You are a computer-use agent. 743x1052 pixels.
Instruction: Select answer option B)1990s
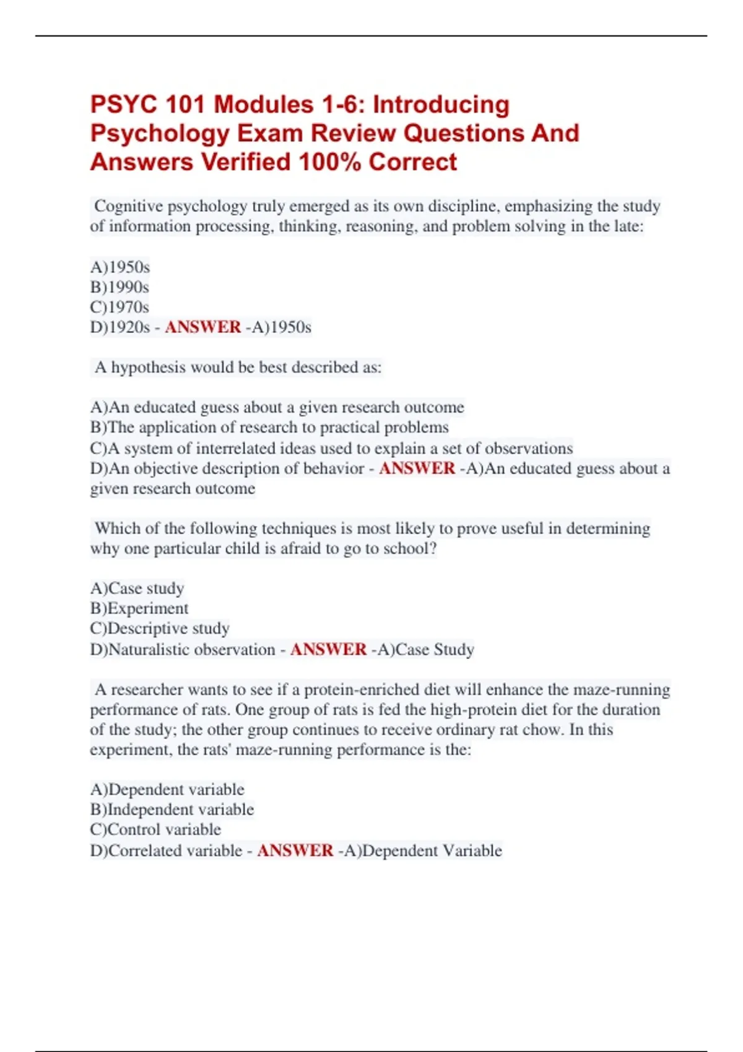(119, 287)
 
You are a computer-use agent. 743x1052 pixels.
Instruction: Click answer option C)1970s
(119, 307)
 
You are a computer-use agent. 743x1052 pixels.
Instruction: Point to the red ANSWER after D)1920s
(202, 327)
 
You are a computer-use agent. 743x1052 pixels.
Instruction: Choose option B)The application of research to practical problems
(269, 428)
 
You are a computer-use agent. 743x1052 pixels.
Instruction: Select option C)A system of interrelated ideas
(331, 448)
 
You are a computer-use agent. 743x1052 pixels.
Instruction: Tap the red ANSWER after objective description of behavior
(417, 468)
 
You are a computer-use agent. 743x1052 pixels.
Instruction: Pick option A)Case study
(137, 588)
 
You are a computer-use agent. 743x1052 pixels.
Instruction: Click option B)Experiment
(139, 608)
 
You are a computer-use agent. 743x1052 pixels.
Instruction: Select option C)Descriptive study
(160, 629)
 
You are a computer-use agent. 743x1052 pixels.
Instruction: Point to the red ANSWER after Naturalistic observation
(328, 649)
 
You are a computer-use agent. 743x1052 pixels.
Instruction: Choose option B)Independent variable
(172, 809)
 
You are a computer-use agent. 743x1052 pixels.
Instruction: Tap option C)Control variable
(155, 830)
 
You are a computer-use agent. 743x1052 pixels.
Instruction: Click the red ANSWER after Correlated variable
(295, 850)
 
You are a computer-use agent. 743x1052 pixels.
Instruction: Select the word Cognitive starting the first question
(128, 206)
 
